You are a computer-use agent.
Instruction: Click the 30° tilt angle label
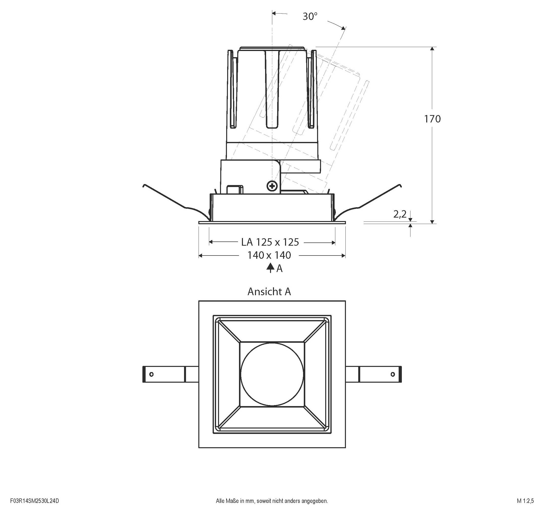point(310,17)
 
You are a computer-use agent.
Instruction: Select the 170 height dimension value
point(432,119)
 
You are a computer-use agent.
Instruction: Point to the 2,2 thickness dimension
point(400,214)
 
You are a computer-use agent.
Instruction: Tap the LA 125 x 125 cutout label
point(270,242)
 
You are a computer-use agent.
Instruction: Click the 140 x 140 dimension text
point(269,255)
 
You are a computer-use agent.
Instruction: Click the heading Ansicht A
point(269,291)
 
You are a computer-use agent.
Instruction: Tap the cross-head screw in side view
point(272,186)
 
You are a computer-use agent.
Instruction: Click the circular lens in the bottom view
point(272,374)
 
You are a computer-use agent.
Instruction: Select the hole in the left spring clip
point(151,374)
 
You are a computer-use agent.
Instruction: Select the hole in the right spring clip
point(392,374)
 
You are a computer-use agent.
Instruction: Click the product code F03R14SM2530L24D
point(34,501)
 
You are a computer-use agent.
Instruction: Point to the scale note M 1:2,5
point(525,501)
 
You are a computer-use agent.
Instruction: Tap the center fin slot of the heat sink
point(272,90)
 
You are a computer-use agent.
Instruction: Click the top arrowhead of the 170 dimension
point(432,49)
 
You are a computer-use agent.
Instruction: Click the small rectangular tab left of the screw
point(235,189)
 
